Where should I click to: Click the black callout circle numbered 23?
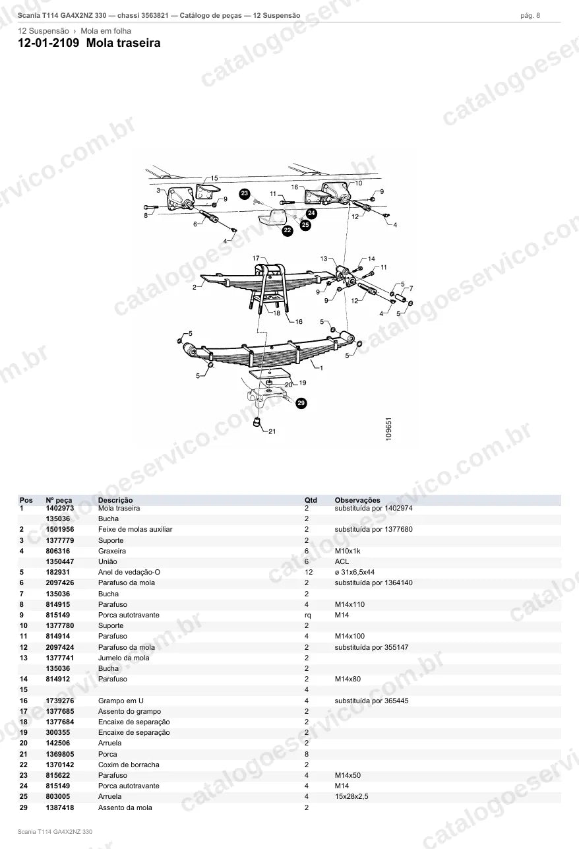click(x=245, y=194)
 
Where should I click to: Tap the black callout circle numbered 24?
click(x=311, y=213)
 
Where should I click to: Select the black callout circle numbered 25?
click(x=305, y=225)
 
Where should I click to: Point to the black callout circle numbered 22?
click(x=288, y=230)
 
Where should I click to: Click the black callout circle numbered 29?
click(x=301, y=403)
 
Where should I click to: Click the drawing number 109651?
click(x=388, y=429)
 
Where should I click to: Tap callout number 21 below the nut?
click(x=272, y=431)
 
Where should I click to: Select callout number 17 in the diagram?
click(x=256, y=259)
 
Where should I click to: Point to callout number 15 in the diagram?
click(x=214, y=178)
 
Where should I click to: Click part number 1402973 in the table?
click(x=60, y=508)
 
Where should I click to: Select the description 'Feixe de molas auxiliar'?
click(x=135, y=530)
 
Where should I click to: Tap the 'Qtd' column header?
click(x=311, y=500)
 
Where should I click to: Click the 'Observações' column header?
click(x=357, y=500)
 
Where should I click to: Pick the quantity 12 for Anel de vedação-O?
click(x=309, y=573)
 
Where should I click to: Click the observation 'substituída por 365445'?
click(x=372, y=701)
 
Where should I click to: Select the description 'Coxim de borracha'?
click(x=129, y=765)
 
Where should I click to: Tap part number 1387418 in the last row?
click(x=60, y=807)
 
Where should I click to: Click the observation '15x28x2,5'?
click(x=351, y=797)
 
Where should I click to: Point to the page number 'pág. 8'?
click(x=530, y=16)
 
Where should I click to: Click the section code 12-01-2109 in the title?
click(x=49, y=43)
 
